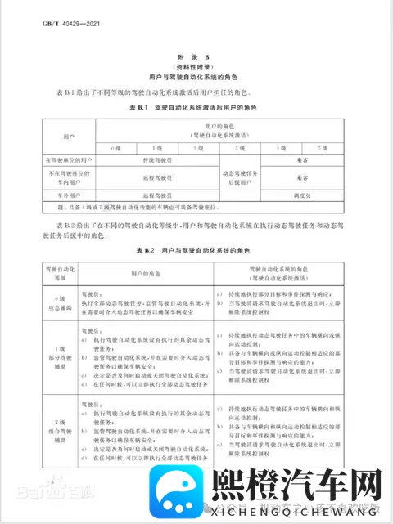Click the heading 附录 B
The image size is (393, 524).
tap(196, 56)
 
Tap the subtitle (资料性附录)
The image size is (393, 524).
tap(196, 65)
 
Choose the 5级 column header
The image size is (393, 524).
tap(324, 148)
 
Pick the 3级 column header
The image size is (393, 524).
tap(240, 148)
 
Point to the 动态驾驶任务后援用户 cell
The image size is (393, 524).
tap(239, 177)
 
